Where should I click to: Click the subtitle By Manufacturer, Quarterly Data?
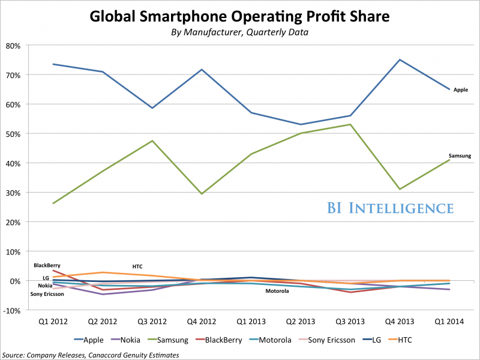[x=240, y=32]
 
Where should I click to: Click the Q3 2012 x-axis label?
[x=152, y=322]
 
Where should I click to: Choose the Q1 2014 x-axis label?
[x=449, y=322]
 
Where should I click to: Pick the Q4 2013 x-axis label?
[x=400, y=322]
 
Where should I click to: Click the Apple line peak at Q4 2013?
[x=400, y=59]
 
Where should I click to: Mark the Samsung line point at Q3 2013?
[x=350, y=124]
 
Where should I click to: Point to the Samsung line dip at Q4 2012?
[x=202, y=194]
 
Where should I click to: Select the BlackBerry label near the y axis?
[x=47, y=265]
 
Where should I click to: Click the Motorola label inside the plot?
[x=277, y=291]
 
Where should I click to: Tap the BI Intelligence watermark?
[x=390, y=208]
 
